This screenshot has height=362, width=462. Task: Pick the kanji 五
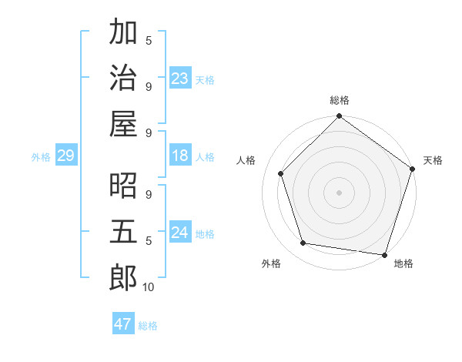pos(123,232)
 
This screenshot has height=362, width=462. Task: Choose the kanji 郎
pos(123,277)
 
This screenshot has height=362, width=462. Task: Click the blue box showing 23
pos(180,78)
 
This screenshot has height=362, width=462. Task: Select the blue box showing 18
pos(180,156)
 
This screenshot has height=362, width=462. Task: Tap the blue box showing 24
pos(180,233)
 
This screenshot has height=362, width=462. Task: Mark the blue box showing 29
pos(65,156)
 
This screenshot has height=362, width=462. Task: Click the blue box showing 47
pos(123,324)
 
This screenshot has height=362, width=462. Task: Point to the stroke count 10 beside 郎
pos(149,287)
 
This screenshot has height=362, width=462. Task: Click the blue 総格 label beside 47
pos(148,326)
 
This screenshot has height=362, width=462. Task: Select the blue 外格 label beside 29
pos(41,157)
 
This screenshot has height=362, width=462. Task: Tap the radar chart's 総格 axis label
pos(340,100)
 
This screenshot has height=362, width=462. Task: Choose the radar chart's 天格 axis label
pos(434,160)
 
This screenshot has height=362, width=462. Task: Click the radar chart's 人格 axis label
pos(246,160)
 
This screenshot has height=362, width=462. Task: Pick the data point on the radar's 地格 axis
pos(384,254)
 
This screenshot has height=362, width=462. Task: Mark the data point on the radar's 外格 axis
pos(303,243)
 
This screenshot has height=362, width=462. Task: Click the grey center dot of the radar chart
pos(339,192)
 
